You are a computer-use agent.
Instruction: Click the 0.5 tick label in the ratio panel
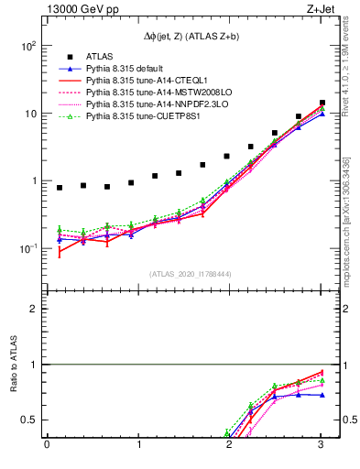pos(29,420)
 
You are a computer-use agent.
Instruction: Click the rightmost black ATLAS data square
pos(322,103)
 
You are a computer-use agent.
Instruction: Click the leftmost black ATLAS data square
pos(60,188)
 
